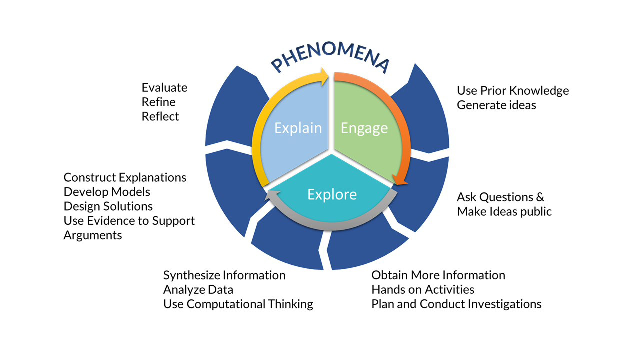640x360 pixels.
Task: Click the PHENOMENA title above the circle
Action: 330,59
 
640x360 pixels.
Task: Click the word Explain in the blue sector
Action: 298,128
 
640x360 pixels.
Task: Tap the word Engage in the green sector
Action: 364,128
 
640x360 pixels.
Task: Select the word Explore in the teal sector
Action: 332,194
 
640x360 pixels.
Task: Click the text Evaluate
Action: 164,88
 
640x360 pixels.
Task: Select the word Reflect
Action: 160,116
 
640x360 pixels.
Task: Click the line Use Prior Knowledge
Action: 513,91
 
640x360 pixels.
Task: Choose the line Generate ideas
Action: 496,105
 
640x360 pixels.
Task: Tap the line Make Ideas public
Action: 504,211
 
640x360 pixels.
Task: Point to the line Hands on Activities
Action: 423,289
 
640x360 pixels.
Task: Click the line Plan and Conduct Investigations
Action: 456,304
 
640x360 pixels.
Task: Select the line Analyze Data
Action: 198,289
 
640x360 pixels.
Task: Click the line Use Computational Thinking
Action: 238,304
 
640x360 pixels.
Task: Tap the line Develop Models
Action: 107,192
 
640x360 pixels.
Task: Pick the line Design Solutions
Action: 108,206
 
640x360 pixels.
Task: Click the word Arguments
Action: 93,235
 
